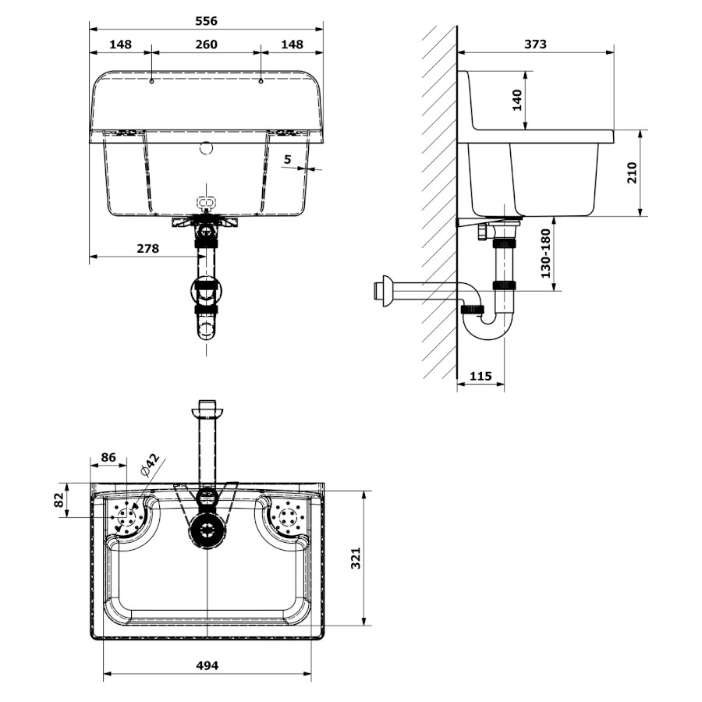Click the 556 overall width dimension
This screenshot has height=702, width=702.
pyautogui.click(x=207, y=21)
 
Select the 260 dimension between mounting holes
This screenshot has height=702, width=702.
pyautogui.click(x=207, y=44)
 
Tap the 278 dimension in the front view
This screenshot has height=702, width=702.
pyautogui.click(x=147, y=249)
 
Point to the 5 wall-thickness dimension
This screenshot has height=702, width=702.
pyautogui.click(x=287, y=159)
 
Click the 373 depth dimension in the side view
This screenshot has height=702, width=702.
pyautogui.click(x=535, y=44)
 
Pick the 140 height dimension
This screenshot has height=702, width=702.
pyautogui.click(x=517, y=101)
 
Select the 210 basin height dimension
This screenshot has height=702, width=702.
pyautogui.click(x=632, y=173)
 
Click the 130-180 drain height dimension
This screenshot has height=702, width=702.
pyautogui.click(x=546, y=253)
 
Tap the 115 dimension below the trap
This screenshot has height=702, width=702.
pyautogui.click(x=480, y=376)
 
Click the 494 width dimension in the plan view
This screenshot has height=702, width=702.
pyautogui.click(x=207, y=666)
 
